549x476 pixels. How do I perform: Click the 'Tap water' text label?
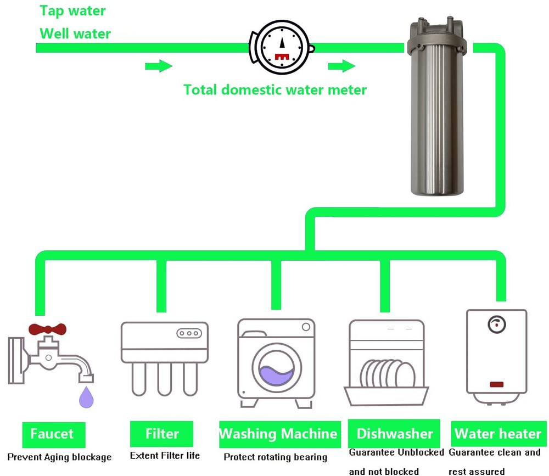tap(72, 10)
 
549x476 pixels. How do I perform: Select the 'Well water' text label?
tap(75, 33)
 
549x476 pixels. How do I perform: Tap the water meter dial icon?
tap(282, 47)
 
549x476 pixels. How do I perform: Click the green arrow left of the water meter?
tap(158, 66)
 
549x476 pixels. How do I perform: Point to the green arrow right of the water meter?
tap(341, 66)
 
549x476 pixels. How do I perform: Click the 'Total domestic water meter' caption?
tap(274, 89)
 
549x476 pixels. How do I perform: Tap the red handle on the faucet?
tap(47, 329)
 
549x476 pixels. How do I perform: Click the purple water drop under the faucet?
tap(86, 397)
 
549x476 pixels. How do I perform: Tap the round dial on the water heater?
tap(496, 324)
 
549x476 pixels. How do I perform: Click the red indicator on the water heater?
tap(496, 384)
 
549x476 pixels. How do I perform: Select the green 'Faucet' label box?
tap(52, 434)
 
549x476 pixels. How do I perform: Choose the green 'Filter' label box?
tap(162, 434)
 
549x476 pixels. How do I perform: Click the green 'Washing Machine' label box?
tap(278, 434)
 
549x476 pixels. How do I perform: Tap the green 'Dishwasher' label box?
tap(394, 434)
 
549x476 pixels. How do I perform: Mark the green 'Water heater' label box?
tap(498, 434)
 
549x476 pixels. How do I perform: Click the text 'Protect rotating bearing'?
tap(275, 457)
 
